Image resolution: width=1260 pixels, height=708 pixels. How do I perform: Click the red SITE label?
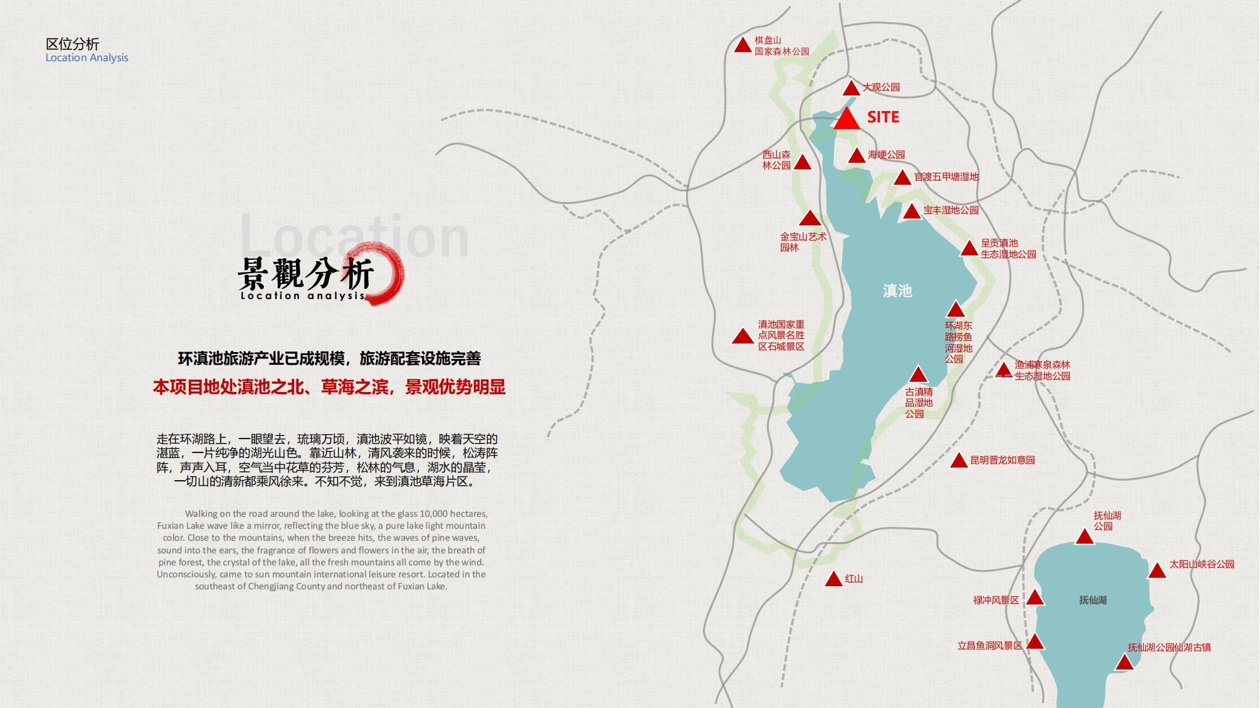[x=883, y=117]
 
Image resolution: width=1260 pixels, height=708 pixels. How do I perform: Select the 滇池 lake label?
[x=897, y=291]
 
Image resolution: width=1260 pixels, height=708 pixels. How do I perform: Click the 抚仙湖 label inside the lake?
[x=1093, y=600]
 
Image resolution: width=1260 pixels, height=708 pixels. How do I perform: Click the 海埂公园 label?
[x=886, y=155]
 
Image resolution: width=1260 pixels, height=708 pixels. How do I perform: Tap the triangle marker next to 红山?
[x=834, y=579]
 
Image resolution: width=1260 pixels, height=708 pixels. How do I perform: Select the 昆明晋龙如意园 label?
[x=1002, y=460]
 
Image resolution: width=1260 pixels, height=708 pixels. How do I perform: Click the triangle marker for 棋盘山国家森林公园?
[x=742, y=45]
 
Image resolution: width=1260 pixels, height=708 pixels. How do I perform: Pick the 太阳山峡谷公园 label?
[x=1201, y=564]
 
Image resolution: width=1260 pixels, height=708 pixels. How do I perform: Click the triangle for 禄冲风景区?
[x=1035, y=597]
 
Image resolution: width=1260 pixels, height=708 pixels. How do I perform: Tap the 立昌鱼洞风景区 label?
[x=989, y=646]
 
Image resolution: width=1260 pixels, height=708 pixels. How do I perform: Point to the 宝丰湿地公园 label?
[x=951, y=210]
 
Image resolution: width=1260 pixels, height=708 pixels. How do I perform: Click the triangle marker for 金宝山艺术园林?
[x=810, y=219]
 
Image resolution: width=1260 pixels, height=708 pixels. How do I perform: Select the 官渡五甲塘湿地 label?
[x=946, y=177]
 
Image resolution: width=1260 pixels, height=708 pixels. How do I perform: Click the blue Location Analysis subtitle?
[x=86, y=57]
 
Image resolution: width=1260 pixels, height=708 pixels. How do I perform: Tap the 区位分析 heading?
[x=73, y=44]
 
